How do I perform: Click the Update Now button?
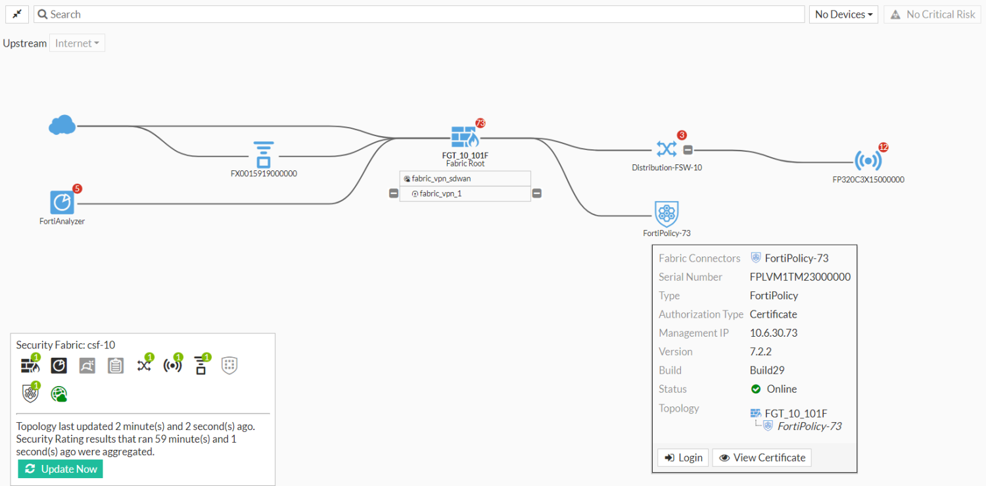(x=60, y=469)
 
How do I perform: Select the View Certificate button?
(x=762, y=458)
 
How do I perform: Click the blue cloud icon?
(x=62, y=124)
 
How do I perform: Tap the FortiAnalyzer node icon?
(x=62, y=203)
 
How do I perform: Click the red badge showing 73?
(x=480, y=123)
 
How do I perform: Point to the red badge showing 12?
(x=883, y=147)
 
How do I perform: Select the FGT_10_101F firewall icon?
(x=465, y=137)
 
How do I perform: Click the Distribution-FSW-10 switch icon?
(x=666, y=149)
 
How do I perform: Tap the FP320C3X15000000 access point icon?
(x=868, y=160)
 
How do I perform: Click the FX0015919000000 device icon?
(x=263, y=154)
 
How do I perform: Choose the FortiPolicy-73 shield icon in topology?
(x=667, y=214)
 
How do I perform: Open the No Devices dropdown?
(x=843, y=14)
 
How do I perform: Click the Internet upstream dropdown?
(x=77, y=43)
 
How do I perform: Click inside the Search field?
(x=421, y=14)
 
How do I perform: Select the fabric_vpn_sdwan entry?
(x=441, y=178)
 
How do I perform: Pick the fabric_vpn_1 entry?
(x=440, y=194)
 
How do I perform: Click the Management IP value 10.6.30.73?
(x=774, y=333)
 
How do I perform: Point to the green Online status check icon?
(x=755, y=389)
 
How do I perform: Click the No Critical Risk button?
(x=933, y=14)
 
